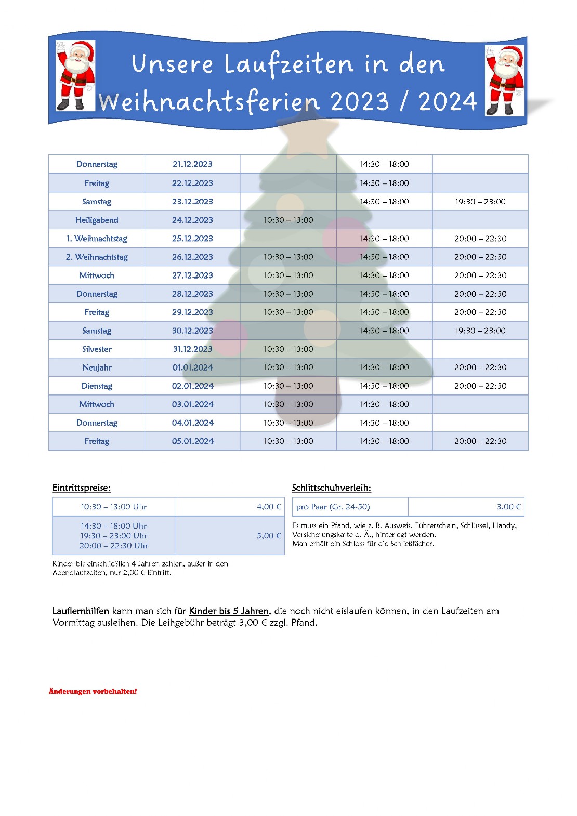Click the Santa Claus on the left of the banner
(x=76, y=76)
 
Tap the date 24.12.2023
(x=192, y=220)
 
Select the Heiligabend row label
(x=97, y=220)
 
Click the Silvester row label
(x=97, y=349)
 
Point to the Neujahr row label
(x=97, y=367)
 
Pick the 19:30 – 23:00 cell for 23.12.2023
(x=480, y=202)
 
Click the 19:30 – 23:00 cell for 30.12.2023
(x=480, y=331)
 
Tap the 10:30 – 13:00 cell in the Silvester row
(x=288, y=349)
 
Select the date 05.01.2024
(x=192, y=441)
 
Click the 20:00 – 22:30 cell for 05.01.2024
(x=480, y=441)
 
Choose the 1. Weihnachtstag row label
(x=97, y=239)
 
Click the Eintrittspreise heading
(x=82, y=488)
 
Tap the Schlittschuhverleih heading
(x=331, y=488)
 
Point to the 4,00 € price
(x=268, y=507)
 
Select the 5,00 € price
(x=268, y=536)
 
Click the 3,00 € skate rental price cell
(x=508, y=507)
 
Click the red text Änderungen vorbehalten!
(x=93, y=691)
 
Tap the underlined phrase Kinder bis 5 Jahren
(x=229, y=611)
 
